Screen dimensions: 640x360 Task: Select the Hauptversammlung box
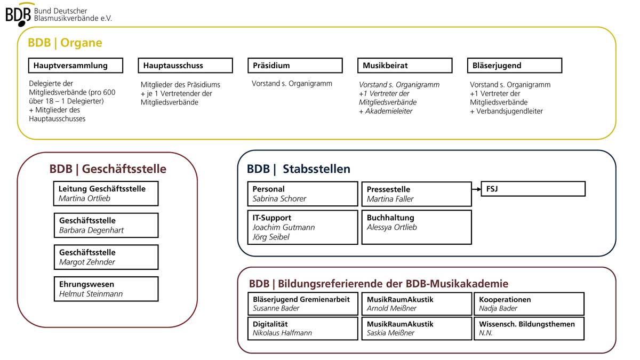(x=76, y=66)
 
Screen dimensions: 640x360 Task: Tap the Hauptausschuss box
(x=186, y=66)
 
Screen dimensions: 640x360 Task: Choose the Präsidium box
(x=295, y=66)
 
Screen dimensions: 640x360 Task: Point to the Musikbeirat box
(x=405, y=66)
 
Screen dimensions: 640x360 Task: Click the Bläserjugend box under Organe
(x=515, y=66)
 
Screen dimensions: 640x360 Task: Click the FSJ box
(x=533, y=189)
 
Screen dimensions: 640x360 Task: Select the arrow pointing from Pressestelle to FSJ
(x=476, y=189)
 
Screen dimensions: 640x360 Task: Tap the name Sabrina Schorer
(x=279, y=198)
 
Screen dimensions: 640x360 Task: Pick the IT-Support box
(x=302, y=227)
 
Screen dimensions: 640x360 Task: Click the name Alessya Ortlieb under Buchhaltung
(x=391, y=227)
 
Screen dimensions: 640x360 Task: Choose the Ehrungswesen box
(x=106, y=289)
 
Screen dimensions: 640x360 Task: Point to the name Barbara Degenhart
(x=91, y=230)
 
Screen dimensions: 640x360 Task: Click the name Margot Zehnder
(x=87, y=262)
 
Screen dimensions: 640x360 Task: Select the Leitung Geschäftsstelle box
(x=106, y=194)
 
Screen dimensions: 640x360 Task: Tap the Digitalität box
(x=302, y=329)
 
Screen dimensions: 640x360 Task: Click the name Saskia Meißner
(x=390, y=333)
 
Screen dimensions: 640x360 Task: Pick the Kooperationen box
(x=529, y=303)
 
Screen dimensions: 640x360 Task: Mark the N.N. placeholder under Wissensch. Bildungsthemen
(x=486, y=333)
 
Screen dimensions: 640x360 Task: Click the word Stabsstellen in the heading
(x=316, y=169)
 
